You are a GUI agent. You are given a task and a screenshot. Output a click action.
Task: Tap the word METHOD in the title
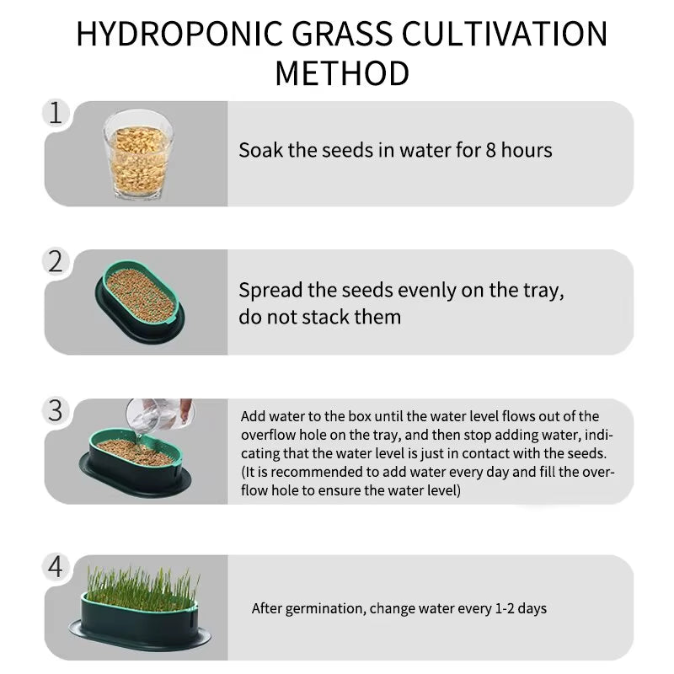click(x=342, y=74)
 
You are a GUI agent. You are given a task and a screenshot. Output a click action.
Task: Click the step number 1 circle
click(x=56, y=113)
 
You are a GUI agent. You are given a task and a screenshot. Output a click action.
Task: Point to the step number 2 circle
click(x=56, y=261)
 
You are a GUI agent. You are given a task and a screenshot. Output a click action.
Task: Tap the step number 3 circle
click(x=56, y=410)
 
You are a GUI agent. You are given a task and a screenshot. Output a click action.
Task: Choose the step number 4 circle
click(x=56, y=567)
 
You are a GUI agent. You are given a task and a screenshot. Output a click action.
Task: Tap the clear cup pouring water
click(x=158, y=415)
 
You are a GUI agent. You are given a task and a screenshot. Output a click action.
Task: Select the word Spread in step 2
click(x=271, y=291)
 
